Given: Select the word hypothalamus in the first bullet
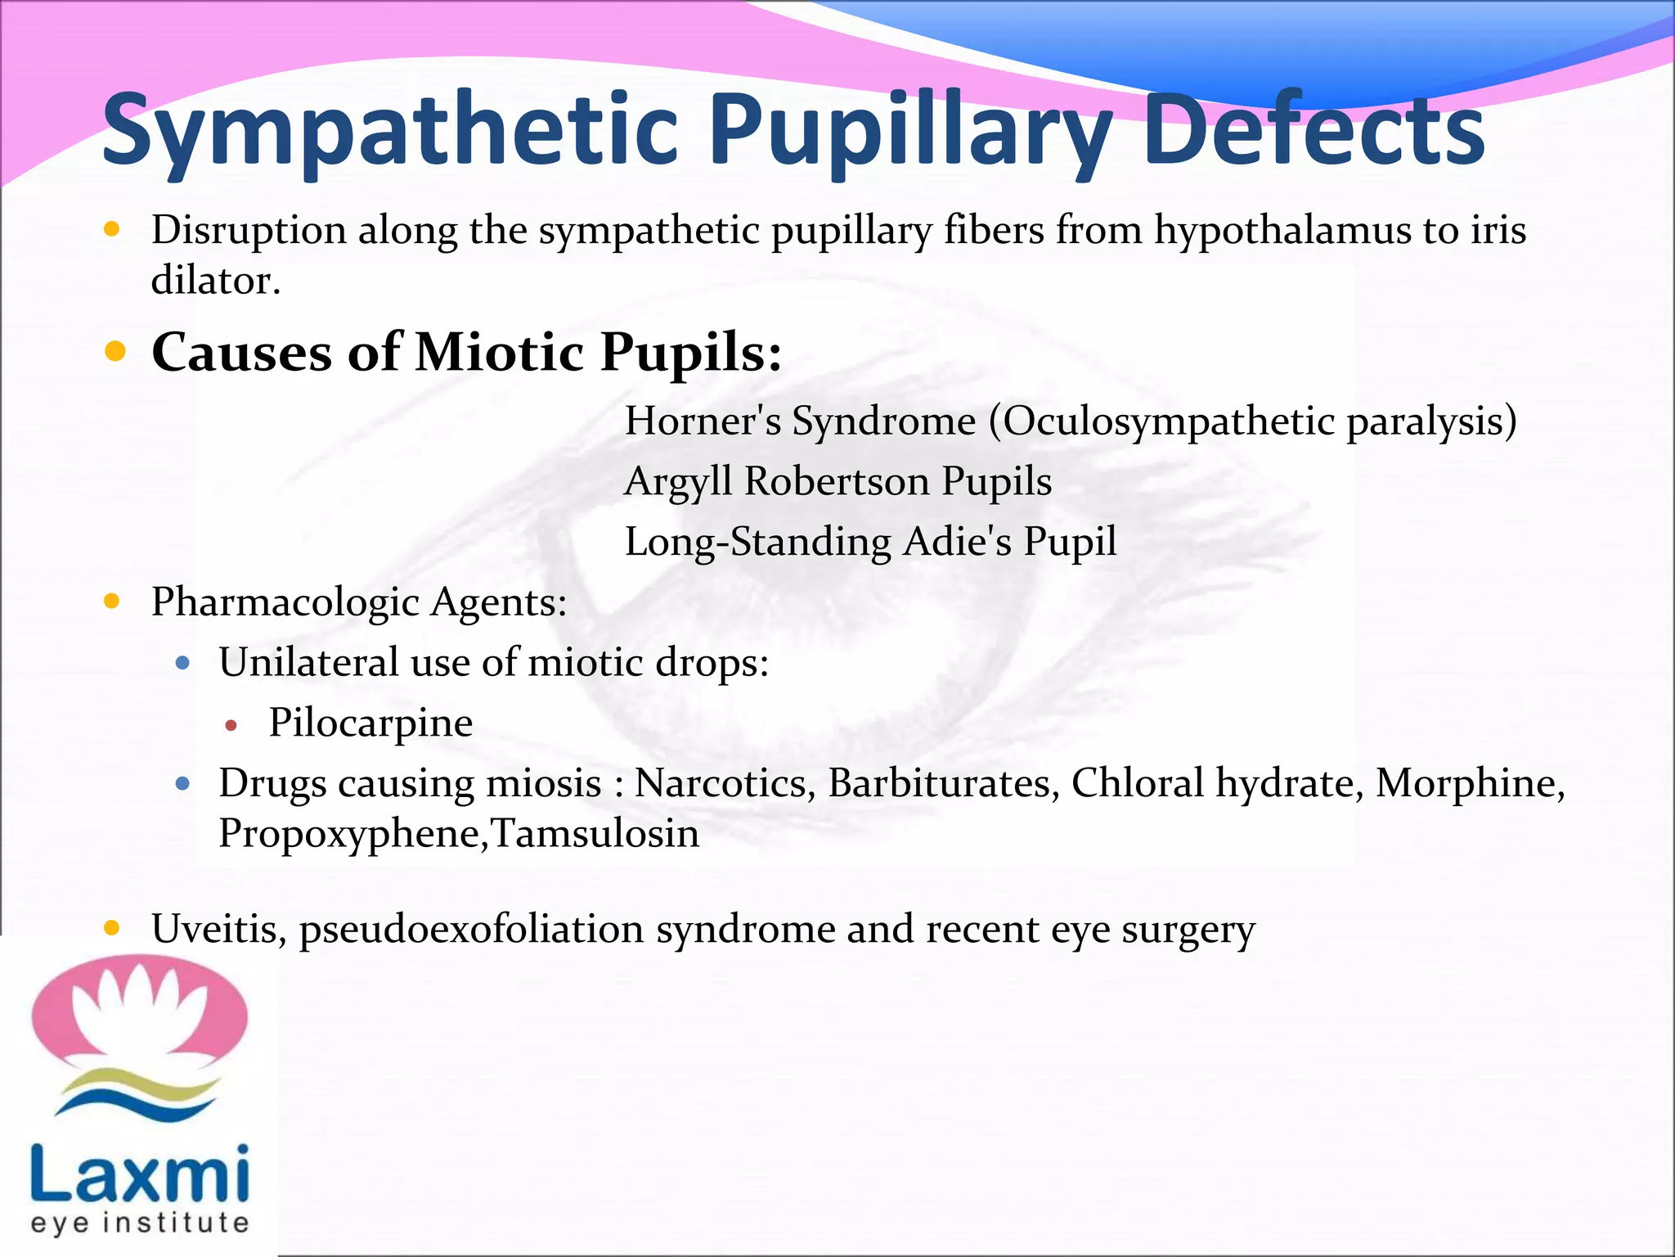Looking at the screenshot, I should pyautogui.click(x=1282, y=230).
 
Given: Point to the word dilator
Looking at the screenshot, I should pyautogui.click(x=216, y=281).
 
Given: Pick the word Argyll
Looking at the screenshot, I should pyautogui.click(x=678, y=481).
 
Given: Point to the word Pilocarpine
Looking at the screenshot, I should pyautogui.click(x=370, y=723).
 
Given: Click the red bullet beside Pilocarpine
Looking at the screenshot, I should pyautogui.click(x=231, y=725).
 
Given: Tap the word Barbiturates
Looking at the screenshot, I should pyautogui.click(x=944, y=783).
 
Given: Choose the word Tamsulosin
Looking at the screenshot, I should pyautogui.click(x=596, y=834).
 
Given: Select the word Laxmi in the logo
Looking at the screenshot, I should pyautogui.click(x=139, y=1173).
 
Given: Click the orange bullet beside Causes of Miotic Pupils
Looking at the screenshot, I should pyautogui.click(x=115, y=352).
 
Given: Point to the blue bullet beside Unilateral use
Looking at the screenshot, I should pyautogui.click(x=183, y=663).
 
